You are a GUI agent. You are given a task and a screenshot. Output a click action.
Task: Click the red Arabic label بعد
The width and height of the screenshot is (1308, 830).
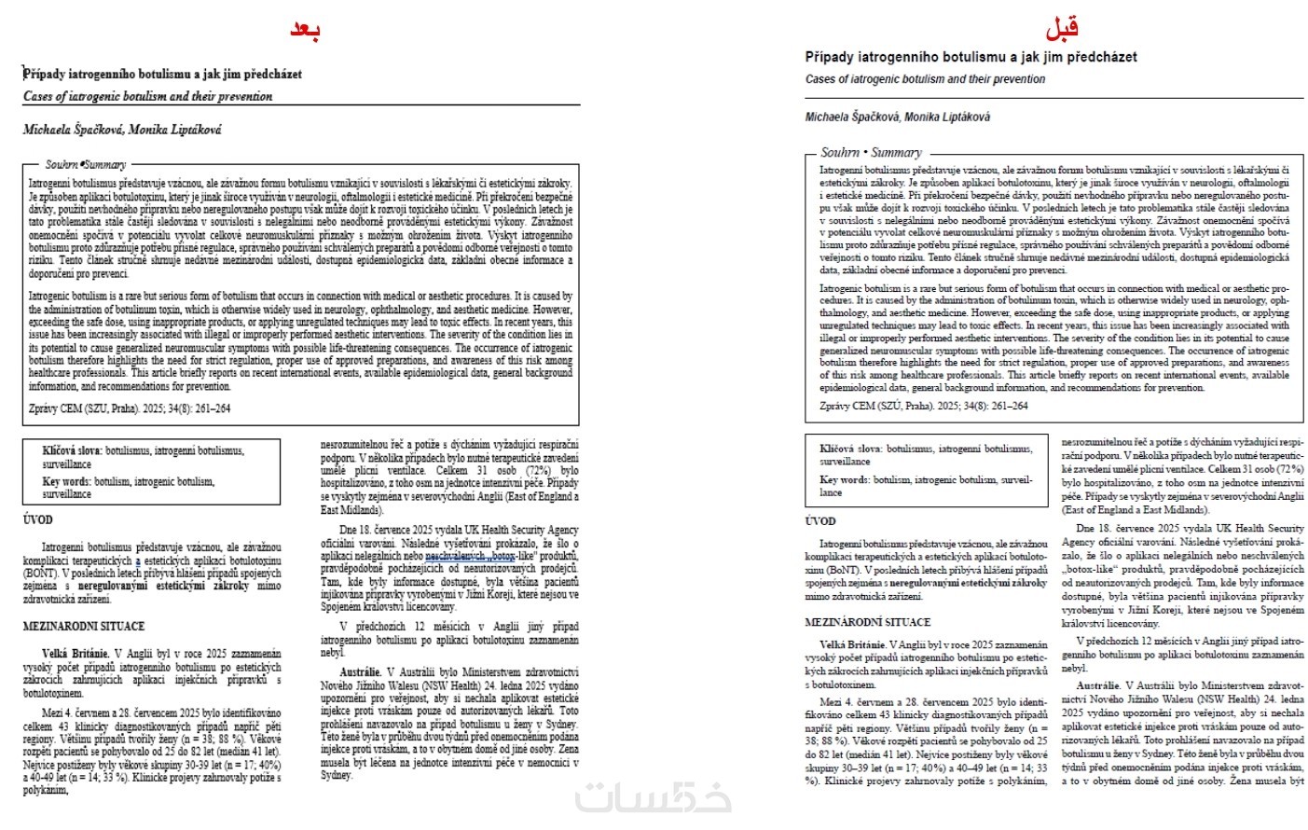tap(305, 30)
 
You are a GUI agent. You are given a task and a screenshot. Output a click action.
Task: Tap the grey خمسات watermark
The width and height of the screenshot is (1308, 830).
tap(653, 799)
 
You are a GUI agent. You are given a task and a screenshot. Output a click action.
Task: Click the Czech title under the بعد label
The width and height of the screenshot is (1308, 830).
tap(162, 74)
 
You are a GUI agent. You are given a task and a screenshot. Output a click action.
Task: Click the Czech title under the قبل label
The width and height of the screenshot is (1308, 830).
tap(971, 57)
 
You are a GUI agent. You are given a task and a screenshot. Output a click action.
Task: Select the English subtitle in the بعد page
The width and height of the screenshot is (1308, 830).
tap(147, 96)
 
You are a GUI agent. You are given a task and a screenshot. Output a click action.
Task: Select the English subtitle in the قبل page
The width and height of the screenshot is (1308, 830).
tap(925, 79)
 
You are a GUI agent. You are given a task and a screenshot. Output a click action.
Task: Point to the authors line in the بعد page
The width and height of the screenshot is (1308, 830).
tap(122, 130)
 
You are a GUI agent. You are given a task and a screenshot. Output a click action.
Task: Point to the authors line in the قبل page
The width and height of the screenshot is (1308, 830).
tap(897, 117)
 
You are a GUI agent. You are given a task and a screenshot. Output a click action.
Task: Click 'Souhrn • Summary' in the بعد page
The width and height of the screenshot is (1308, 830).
tap(86, 164)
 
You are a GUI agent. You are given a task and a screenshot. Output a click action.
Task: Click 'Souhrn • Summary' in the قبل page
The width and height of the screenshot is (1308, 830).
tap(871, 152)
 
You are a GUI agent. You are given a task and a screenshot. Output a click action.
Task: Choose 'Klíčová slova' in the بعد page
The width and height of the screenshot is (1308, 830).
tap(72, 450)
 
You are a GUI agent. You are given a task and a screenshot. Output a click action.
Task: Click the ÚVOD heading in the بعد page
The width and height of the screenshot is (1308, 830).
tap(38, 519)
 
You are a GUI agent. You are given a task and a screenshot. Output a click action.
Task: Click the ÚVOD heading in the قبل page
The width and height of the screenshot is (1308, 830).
tap(820, 520)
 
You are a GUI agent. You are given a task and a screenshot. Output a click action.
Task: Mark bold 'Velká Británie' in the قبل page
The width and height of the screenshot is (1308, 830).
tap(852, 644)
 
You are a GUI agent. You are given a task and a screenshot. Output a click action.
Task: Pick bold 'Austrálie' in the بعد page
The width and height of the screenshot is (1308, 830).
tap(361, 671)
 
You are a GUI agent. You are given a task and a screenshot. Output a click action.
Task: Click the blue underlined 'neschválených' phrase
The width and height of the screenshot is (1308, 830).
tap(454, 556)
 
